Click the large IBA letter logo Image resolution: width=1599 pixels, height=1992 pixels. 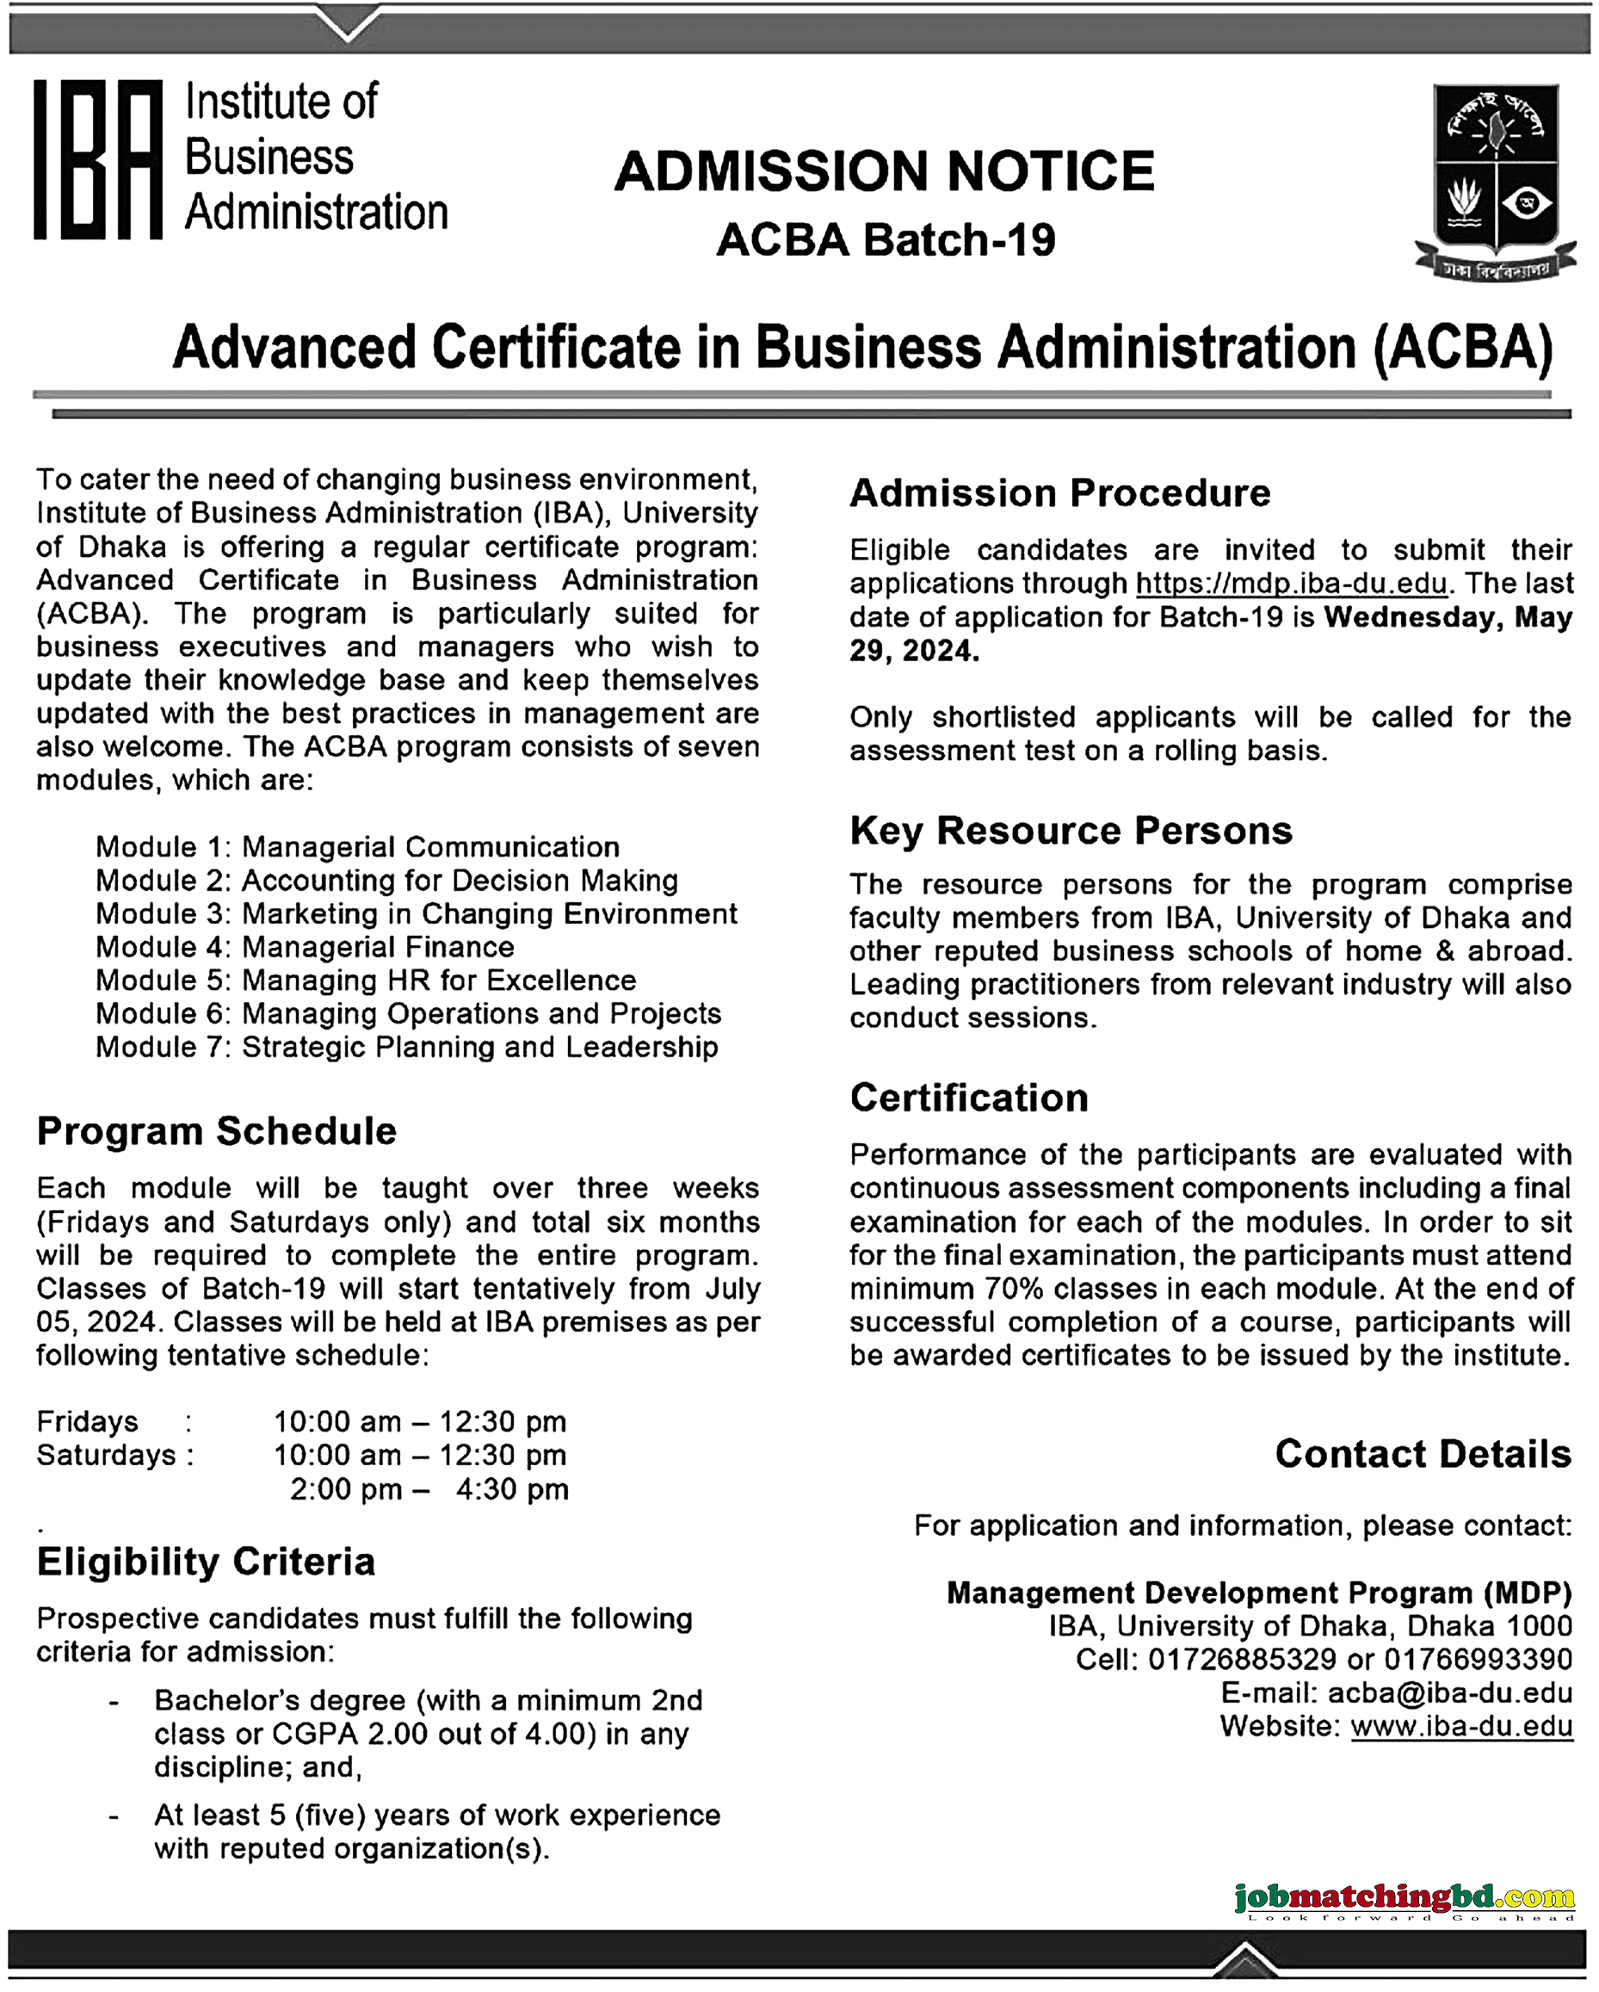pos(99,160)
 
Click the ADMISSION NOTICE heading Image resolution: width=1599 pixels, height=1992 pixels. pos(884,172)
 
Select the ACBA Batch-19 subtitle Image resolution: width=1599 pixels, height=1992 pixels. pos(885,240)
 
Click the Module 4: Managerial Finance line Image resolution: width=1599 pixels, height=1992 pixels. pos(305,947)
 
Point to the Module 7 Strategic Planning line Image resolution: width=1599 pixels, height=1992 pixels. pos(406,1047)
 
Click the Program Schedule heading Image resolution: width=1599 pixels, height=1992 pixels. pos(216,1131)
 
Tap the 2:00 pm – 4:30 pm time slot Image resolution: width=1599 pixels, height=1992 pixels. pos(429,1489)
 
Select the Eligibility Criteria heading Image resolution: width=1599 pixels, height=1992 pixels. pos(206,1562)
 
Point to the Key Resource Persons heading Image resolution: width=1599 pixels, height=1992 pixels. pos(1071,831)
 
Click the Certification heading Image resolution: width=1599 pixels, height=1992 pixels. pos(969,1098)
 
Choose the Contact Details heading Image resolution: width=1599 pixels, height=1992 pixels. pos(1423,1453)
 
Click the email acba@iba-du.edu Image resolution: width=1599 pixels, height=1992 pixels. pos(1449,1692)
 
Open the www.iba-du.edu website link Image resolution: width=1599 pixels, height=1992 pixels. pos(1461,1726)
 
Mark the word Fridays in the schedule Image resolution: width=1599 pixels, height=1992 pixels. pos(87,1422)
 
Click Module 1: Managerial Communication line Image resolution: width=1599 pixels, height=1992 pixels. pos(357,847)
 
